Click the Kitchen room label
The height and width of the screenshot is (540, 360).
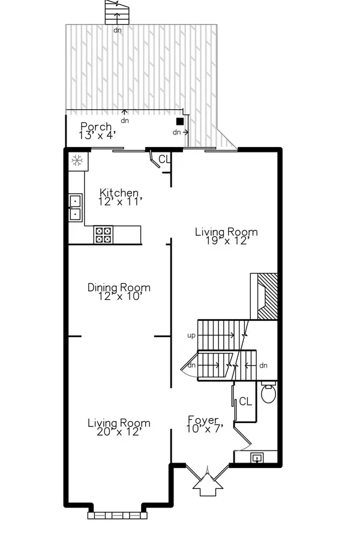click(x=119, y=197)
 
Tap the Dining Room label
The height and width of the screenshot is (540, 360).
click(x=119, y=292)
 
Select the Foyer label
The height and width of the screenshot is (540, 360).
click(x=205, y=424)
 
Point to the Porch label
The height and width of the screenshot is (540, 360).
click(x=96, y=131)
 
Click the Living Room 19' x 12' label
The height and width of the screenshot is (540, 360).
click(x=226, y=236)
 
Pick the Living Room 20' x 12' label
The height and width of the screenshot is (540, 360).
click(x=119, y=427)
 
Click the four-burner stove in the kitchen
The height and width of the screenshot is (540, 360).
click(x=103, y=235)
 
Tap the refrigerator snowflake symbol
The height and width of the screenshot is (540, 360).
click(x=77, y=160)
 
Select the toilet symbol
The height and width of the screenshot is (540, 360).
click(x=268, y=392)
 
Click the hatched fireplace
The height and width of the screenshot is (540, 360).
click(x=267, y=296)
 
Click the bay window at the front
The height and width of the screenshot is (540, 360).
click(x=118, y=515)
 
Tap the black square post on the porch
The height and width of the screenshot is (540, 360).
click(x=180, y=121)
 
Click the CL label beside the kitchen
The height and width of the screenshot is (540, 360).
click(x=164, y=159)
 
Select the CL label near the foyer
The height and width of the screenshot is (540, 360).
click(x=245, y=401)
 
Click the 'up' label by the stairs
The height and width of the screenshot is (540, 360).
click(x=191, y=335)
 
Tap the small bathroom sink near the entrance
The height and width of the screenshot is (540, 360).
click(x=257, y=458)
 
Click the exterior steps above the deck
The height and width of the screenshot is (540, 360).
click(x=118, y=12)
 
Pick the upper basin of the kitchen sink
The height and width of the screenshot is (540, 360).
click(x=76, y=201)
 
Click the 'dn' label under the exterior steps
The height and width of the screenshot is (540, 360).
click(x=118, y=30)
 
